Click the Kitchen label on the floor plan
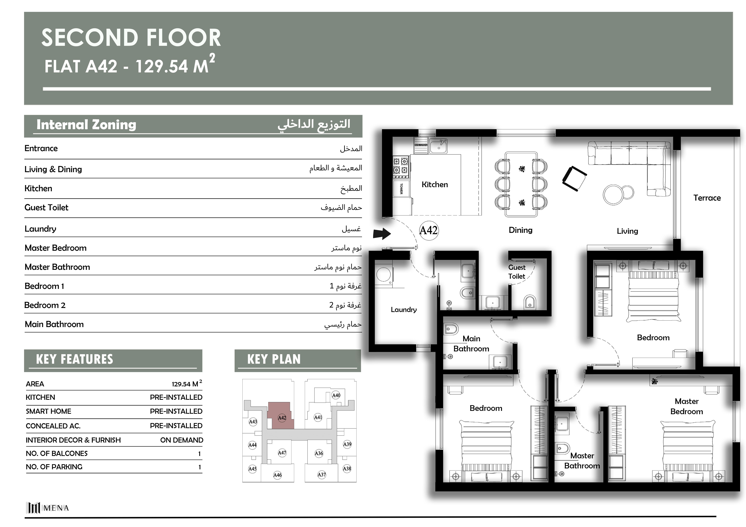click(435, 185)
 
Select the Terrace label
click(707, 198)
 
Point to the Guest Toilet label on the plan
click(517, 272)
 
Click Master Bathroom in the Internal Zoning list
click(57, 267)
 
